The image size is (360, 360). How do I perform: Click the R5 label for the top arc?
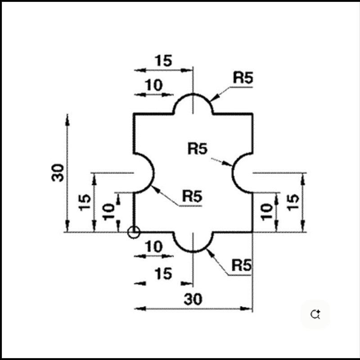[243, 78]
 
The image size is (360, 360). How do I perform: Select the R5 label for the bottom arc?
[241, 265]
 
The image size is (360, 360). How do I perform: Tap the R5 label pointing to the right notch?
[198, 148]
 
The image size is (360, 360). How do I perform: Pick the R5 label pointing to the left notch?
[192, 196]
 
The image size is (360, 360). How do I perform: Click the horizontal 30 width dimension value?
[193, 298]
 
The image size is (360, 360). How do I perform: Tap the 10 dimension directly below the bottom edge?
[154, 247]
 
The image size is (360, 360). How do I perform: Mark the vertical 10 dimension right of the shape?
[266, 211]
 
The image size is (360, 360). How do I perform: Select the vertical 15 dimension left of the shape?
[84, 202]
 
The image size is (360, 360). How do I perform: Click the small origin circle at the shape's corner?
[134, 232]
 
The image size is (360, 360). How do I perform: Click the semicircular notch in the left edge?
[144, 173]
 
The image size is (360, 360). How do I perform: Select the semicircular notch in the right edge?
[242, 173]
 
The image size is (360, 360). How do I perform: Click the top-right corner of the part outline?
[252, 114]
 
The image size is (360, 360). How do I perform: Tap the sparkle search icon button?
[315, 314]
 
